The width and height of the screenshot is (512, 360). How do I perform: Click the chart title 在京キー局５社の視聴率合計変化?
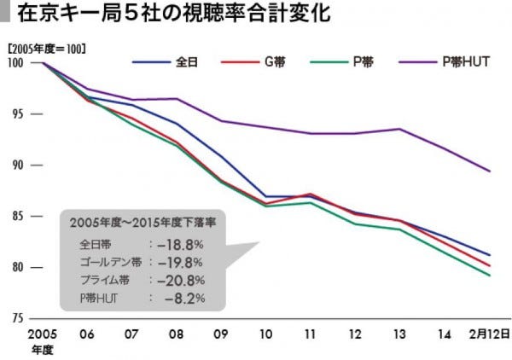171,15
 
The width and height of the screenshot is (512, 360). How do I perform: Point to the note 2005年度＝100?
46,49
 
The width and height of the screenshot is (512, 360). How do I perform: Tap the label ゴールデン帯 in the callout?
106,261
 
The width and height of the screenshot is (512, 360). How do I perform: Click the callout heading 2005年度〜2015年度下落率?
142,222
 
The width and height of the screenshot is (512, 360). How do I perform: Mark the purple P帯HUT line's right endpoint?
489,171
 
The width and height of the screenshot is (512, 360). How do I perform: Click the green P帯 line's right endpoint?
489,276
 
